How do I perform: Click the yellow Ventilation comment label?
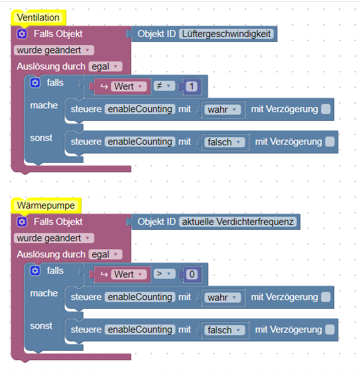[x=38, y=18]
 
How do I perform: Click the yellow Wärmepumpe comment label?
[x=46, y=205]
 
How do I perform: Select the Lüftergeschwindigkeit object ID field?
[x=226, y=34]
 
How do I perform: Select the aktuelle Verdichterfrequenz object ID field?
[x=238, y=222]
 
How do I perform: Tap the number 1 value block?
[x=192, y=86]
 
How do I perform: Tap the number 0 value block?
[x=192, y=274]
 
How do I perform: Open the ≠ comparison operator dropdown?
[x=164, y=86]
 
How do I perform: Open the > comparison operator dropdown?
[x=164, y=274]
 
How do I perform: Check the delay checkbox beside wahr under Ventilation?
[x=326, y=109]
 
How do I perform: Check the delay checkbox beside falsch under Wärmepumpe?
[x=330, y=330]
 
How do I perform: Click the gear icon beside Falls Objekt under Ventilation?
[x=22, y=34]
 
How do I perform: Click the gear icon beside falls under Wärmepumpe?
[x=35, y=271]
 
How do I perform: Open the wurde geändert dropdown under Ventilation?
[x=54, y=50]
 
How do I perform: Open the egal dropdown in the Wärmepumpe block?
[x=105, y=254]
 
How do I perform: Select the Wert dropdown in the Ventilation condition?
[x=129, y=86]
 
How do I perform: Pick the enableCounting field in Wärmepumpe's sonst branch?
[x=140, y=330]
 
